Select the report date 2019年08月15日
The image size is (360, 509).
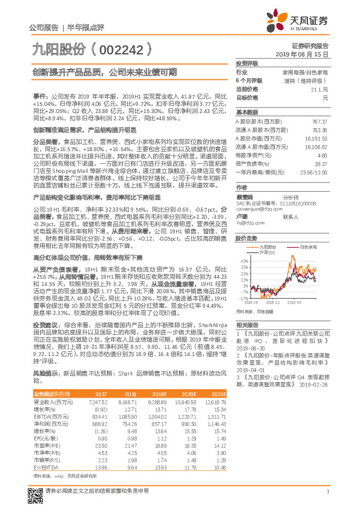tap(307, 54)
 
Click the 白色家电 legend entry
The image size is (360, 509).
tap(309, 247)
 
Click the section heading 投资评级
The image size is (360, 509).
tap(247, 63)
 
